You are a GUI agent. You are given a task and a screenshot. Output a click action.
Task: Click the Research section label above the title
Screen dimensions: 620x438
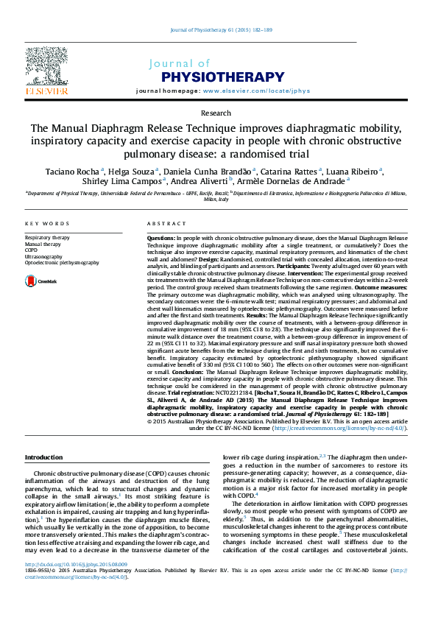click(216, 113)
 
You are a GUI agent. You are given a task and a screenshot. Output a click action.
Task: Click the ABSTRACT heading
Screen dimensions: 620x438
click(166, 224)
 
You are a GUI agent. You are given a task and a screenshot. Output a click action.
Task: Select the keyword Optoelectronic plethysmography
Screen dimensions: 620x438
click(61, 262)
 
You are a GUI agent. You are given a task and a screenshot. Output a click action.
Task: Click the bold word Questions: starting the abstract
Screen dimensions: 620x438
click(161, 239)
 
